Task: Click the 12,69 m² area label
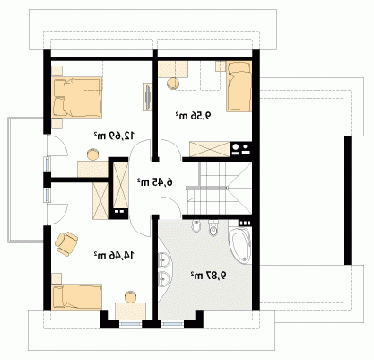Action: click(114, 136)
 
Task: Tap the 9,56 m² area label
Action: click(193, 115)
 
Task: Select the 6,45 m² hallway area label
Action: click(155, 181)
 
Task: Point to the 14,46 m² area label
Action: click(114, 256)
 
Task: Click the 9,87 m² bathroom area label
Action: click(208, 276)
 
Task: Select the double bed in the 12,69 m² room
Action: click(77, 97)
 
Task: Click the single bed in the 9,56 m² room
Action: click(239, 86)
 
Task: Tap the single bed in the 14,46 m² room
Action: click(77, 296)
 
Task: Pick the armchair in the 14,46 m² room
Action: click(66, 243)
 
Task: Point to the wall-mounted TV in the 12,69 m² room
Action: click(148, 97)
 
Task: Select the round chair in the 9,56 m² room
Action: click(172, 83)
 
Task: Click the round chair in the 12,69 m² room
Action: click(92, 154)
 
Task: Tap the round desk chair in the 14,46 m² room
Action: click(130, 297)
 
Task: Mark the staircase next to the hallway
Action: click(219, 189)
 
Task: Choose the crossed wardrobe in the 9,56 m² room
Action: click(210, 149)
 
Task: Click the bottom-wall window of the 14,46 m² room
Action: click(130, 323)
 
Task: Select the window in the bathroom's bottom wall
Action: click(172, 323)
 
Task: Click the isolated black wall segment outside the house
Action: click(347, 200)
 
